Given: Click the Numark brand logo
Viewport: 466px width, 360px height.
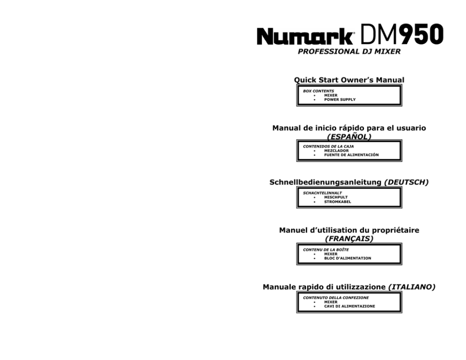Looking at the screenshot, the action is (x=305, y=36).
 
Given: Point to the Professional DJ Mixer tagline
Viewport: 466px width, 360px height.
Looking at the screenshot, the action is (x=349, y=51).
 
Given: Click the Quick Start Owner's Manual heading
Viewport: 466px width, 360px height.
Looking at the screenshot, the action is (x=349, y=80).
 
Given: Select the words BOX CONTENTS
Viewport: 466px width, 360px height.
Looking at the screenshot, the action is (x=318, y=91).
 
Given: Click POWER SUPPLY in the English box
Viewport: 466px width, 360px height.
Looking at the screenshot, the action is (x=340, y=100).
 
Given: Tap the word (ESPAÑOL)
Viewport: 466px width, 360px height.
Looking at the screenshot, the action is (x=349, y=137).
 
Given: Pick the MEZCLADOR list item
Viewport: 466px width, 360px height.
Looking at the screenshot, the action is (x=336, y=151).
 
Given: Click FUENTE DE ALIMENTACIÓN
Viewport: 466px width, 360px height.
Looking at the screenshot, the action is (x=351, y=155).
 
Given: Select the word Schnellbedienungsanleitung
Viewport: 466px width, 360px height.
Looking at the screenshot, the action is (x=326, y=182).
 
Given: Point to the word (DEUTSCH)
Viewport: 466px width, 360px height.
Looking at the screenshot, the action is (x=406, y=182).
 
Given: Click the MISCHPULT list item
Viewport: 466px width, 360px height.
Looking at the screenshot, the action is (x=336, y=197).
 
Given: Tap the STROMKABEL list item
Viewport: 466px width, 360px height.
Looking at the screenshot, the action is (x=338, y=202).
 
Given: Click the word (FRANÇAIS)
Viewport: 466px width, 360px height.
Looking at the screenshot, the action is (x=349, y=239).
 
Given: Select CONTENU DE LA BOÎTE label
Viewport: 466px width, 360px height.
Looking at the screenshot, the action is (x=326, y=250).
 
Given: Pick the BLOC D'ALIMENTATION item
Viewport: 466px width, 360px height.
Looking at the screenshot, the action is (x=348, y=258).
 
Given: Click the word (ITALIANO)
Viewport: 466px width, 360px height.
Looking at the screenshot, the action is (x=412, y=287).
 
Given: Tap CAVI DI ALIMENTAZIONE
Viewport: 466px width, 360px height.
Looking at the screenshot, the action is (x=349, y=306).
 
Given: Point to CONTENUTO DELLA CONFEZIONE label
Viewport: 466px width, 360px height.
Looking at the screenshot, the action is (x=336, y=297).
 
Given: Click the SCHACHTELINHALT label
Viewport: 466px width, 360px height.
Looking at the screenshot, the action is (x=322, y=193).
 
